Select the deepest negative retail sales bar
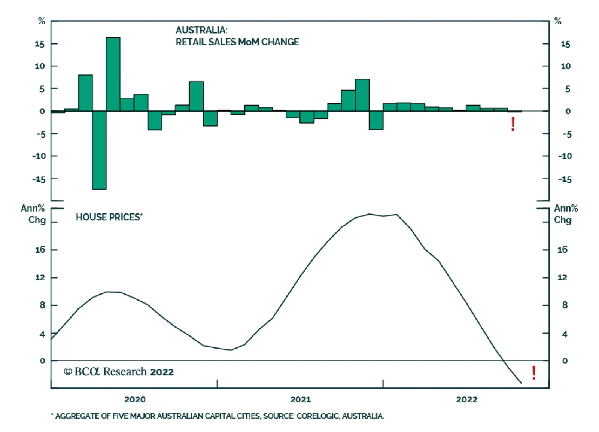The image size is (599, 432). click(99, 150)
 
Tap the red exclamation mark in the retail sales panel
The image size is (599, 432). click(513, 124)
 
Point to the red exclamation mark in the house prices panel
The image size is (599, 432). click(533, 372)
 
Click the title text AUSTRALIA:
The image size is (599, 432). click(201, 30)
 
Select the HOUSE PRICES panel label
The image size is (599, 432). click(109, 217)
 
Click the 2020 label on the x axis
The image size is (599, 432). click(135, 399)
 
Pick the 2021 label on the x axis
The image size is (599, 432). click(301, 399)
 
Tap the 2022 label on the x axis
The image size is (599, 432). click(466, 399)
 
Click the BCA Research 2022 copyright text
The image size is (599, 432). click(119, 372)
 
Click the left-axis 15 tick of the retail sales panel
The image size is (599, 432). click(39, 44)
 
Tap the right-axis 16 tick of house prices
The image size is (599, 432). click(562, 250)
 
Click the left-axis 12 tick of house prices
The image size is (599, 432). click(40, 277)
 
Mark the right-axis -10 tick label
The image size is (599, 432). click(565, 156)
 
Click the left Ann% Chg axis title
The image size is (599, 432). click(34, 214)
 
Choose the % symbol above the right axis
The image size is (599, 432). click(557, 21)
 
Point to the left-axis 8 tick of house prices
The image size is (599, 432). click(42, 305)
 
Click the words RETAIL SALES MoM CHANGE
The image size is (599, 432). click(237, 42)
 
